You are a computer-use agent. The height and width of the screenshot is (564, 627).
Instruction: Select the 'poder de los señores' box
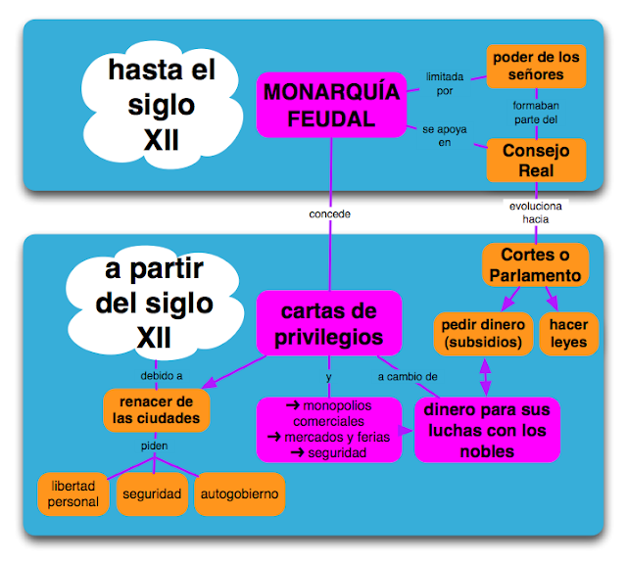click(535, 67)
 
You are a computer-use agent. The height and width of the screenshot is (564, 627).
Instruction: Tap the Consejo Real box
click(535, 161)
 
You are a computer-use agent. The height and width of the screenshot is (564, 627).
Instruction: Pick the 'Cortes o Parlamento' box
click(534, 265)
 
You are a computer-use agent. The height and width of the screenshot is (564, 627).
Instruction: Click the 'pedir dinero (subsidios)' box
click(482, 333)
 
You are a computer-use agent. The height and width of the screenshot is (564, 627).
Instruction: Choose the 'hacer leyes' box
click(568, 333)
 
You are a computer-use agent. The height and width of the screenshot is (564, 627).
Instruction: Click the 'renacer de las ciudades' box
click(158, 410)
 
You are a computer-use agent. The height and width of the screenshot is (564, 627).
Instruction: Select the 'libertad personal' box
click(73, 493)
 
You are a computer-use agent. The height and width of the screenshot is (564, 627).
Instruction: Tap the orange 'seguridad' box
click(152, 494)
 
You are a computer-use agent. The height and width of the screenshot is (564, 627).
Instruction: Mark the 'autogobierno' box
click(239, 494)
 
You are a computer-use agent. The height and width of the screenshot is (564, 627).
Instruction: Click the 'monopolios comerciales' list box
click(327, 429)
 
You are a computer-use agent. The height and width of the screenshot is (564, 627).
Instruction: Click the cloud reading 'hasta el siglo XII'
click(161, 106)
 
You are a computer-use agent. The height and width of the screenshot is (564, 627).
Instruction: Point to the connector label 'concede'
click(329, 213)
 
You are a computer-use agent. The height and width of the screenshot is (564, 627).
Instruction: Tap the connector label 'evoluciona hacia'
click(535, 212)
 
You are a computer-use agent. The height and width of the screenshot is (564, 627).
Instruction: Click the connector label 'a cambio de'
click(408, 377)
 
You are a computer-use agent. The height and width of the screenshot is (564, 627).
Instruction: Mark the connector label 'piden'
click(153, 446)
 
